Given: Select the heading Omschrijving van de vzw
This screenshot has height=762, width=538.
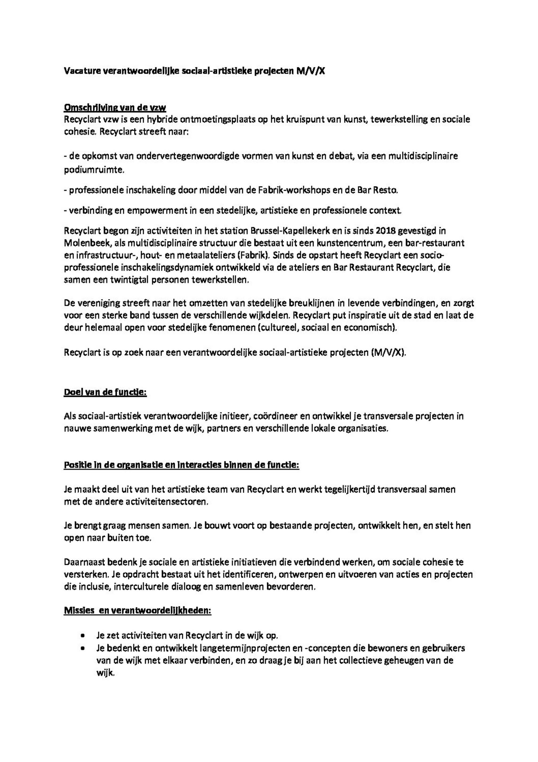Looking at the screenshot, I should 115,108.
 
